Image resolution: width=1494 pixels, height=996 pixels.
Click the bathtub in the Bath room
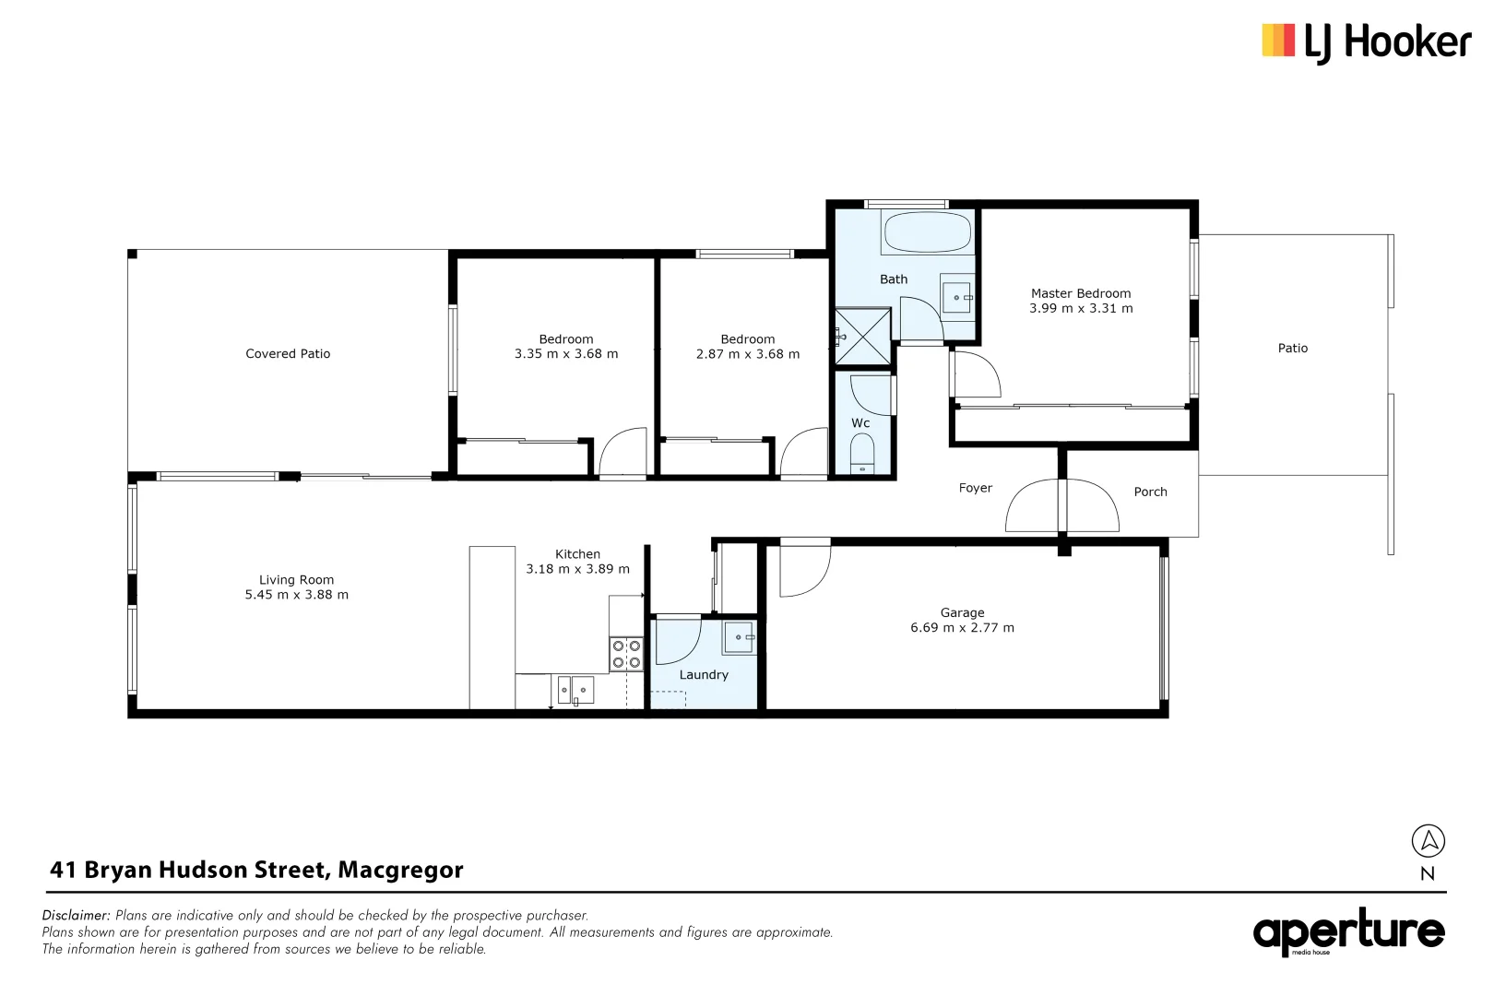[927, 232]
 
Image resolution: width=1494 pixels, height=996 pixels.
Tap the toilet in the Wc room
[862, 455]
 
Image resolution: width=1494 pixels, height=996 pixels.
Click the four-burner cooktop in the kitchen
[627, 654]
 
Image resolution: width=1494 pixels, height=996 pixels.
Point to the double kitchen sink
[575, 689]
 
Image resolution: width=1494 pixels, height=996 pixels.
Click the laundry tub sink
[740, 637]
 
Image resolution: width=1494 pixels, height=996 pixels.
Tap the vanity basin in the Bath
[956, 297]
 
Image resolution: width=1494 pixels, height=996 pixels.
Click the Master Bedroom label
[1081, 293]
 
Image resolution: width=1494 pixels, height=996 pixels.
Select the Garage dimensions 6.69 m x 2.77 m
[962, 628]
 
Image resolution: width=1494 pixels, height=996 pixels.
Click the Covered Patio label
[288, 354]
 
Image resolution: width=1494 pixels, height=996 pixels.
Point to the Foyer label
[975, 489]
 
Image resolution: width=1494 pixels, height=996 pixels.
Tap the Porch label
[1150, 492]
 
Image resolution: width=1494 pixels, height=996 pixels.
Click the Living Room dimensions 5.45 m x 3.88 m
[296, 595]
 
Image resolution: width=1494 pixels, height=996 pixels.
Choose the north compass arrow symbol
[1428, 840]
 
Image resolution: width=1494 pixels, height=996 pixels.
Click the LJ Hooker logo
[1366, 42]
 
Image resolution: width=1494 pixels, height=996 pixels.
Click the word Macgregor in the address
[400, 870]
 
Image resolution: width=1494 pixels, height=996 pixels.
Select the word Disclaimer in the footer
[76, 916]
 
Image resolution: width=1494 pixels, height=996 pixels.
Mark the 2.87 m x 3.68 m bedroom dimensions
[748, 354]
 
